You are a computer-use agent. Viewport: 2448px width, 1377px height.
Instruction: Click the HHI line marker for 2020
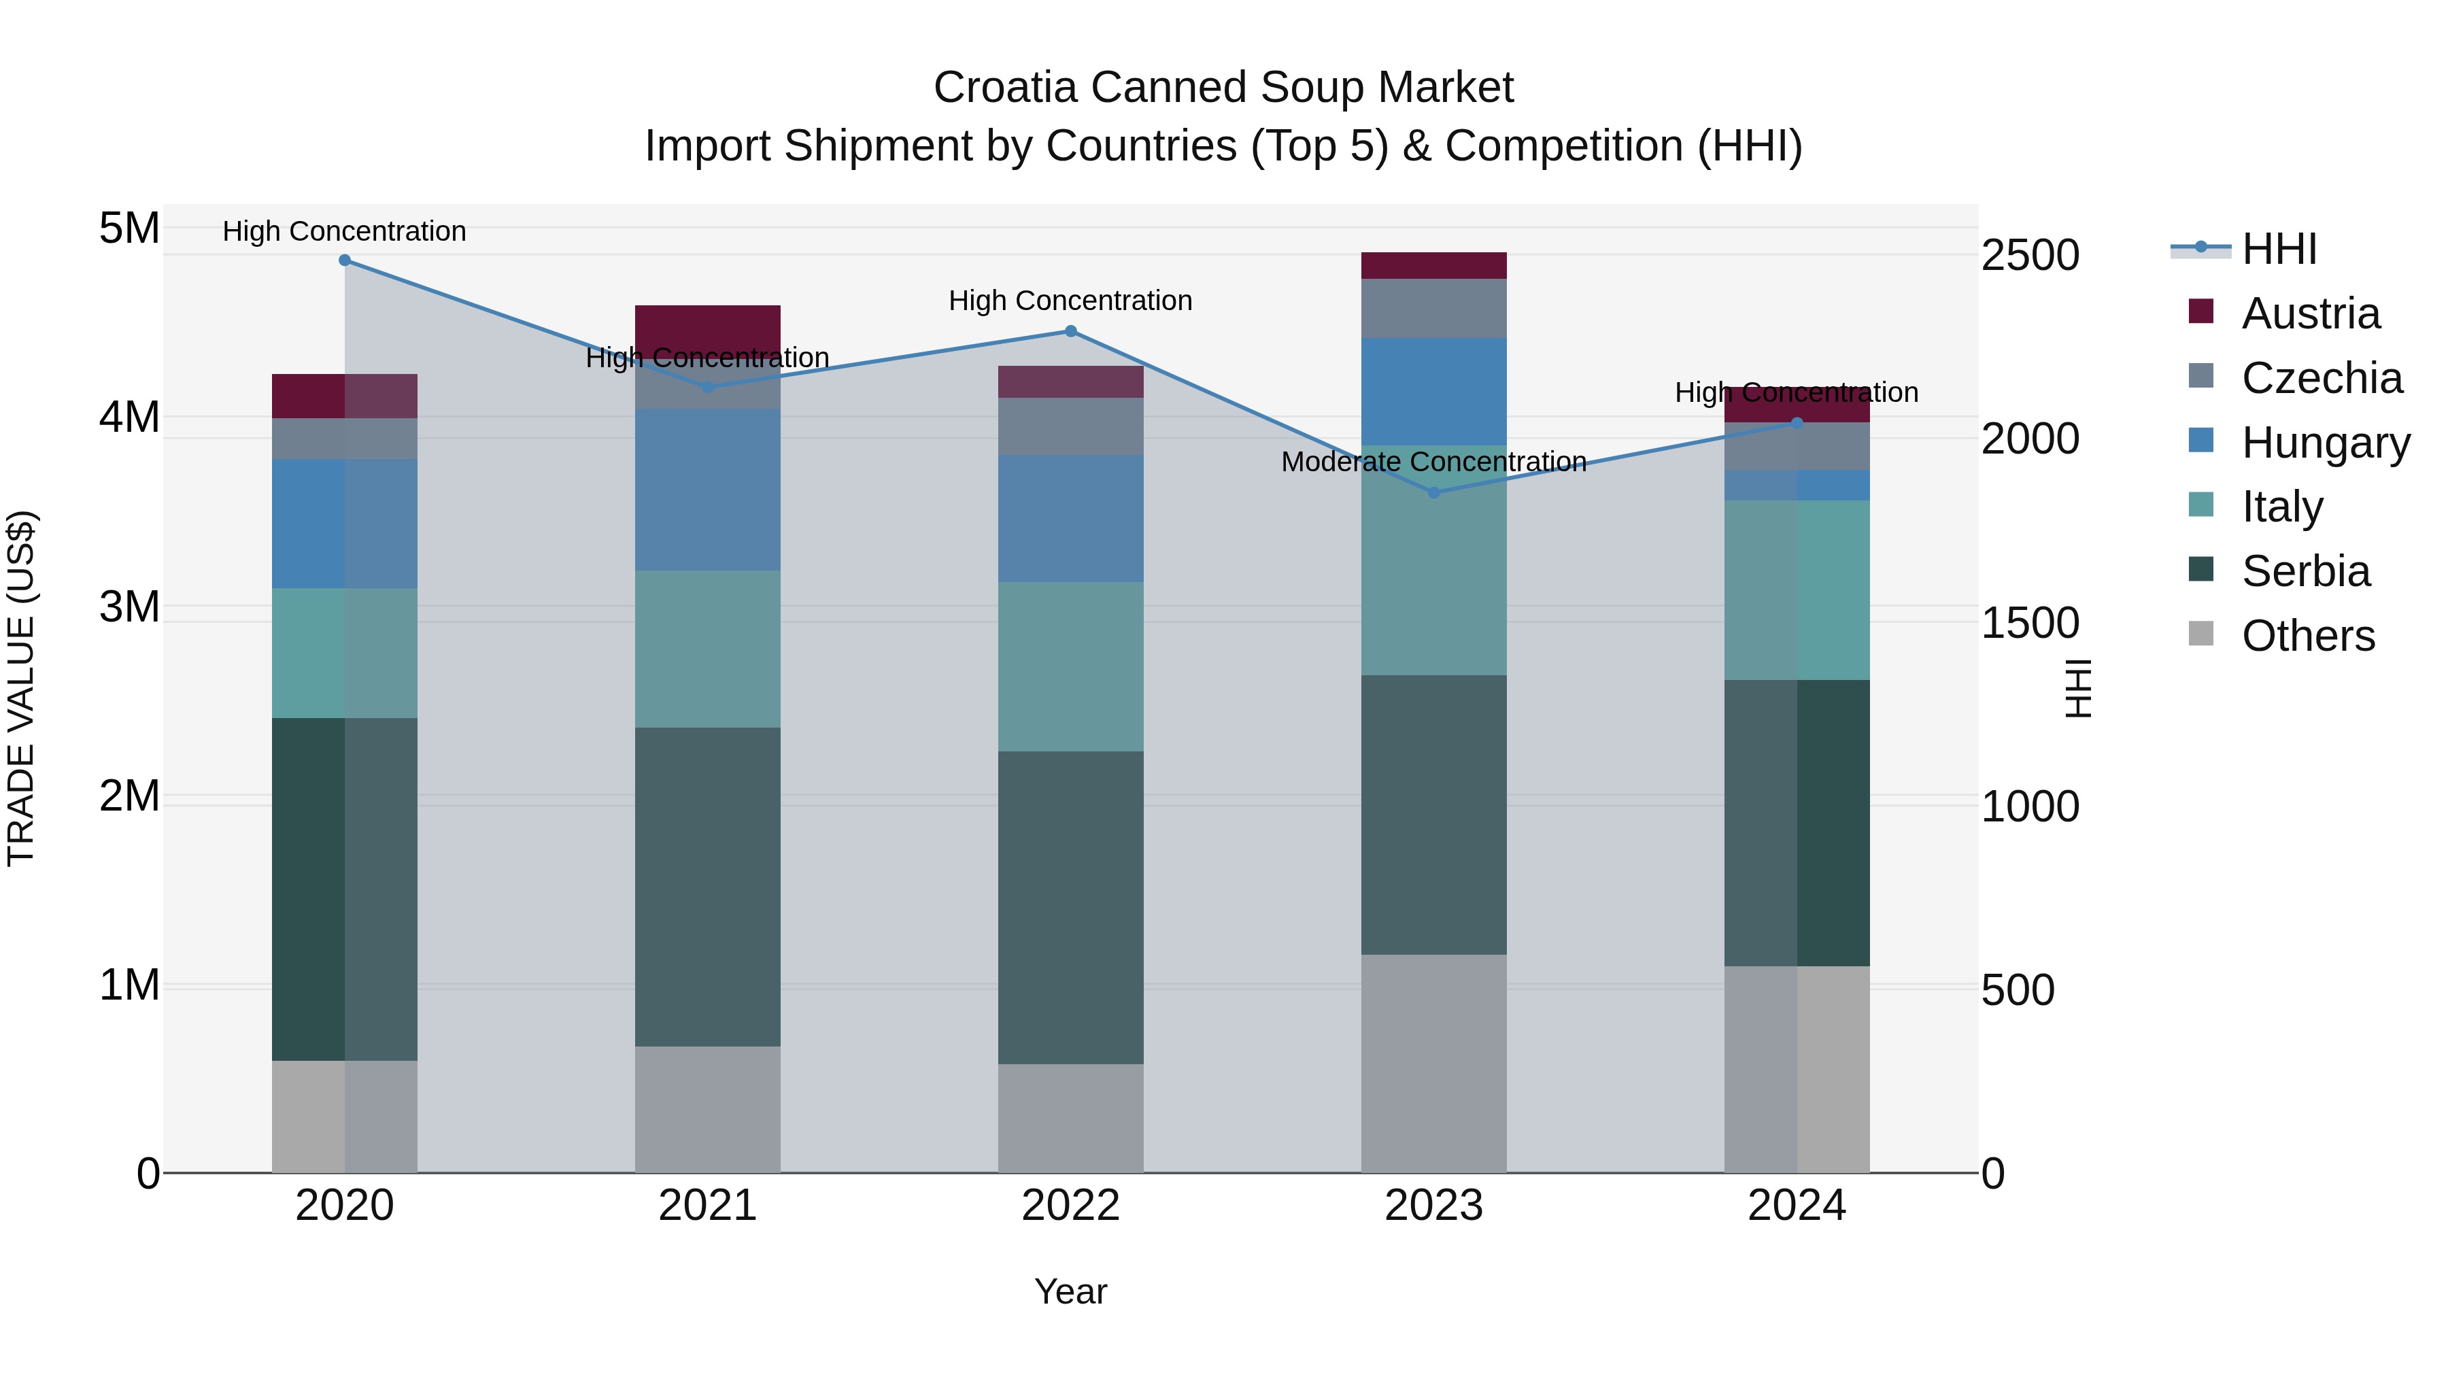345,260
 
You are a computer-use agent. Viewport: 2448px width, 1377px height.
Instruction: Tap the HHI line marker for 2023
1434,492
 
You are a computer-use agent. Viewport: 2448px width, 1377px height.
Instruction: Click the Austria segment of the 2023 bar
1434,266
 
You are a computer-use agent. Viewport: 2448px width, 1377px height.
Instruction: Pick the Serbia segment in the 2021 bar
708,887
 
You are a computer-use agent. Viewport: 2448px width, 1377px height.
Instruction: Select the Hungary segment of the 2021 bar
708,490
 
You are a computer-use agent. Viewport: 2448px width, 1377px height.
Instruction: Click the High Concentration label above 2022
1070,301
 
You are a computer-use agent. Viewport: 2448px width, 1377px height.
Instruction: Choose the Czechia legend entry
2322,378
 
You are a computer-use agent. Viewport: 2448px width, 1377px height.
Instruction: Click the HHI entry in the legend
2279,249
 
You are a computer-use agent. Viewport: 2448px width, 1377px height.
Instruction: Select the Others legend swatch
2201,634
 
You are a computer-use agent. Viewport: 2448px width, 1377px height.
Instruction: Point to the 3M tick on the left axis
129,607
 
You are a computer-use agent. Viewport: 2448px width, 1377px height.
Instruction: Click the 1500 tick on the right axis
2030,624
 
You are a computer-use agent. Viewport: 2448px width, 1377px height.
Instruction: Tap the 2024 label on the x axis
1796,1206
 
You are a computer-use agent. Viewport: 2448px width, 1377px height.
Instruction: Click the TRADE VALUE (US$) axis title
21,688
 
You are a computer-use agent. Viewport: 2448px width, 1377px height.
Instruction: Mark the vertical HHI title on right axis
2079,688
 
